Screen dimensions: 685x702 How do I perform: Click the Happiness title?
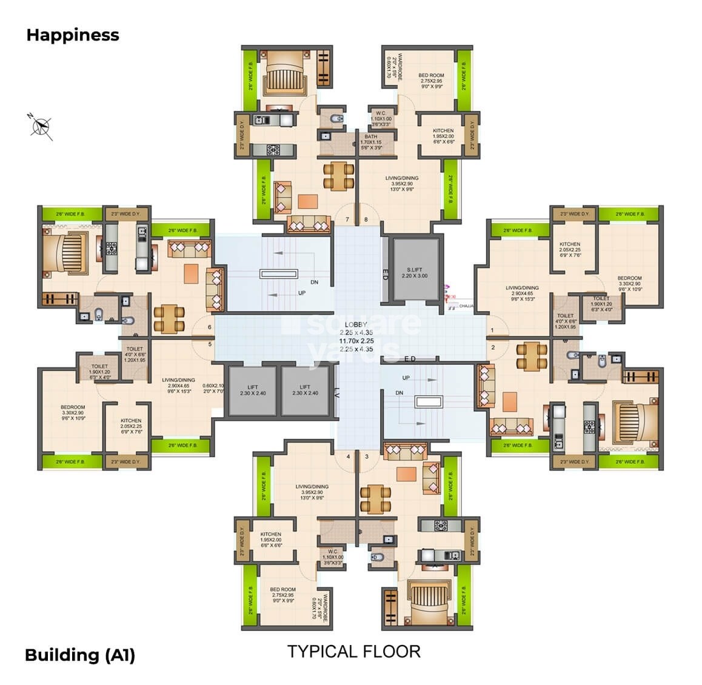click(73, 35)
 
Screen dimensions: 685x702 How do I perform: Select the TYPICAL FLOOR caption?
click(353, 652)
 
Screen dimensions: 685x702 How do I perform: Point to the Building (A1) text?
click(79, 655)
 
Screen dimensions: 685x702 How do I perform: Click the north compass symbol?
click(41, 125)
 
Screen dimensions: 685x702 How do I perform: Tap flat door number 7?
click(347, 219)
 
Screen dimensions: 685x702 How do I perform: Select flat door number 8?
click(366, 219)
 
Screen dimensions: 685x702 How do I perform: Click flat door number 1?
click(492, 330)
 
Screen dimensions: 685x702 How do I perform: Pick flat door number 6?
click(209, 327)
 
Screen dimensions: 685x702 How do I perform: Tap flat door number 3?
click(366, 456)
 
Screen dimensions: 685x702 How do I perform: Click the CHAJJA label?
click(467, 306)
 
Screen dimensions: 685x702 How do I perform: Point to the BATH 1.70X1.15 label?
click(371, 142)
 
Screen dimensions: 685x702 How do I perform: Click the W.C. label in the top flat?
click(381, 116)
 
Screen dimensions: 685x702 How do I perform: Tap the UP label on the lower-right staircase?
click(406, 378)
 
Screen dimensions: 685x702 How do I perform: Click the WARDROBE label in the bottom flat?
click(327, 608)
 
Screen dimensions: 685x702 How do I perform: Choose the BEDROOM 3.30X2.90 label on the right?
click(630, 281)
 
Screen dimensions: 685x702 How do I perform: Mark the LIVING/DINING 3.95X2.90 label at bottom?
click(312, 492)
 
